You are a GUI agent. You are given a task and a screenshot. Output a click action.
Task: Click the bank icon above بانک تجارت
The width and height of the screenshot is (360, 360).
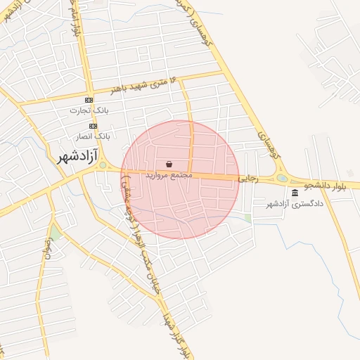click(x=89, y=100)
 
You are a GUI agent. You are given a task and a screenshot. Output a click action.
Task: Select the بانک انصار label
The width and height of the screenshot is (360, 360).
click(x=93, y=135)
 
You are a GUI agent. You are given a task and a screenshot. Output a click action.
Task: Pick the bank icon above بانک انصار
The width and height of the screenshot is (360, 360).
click(x=93, y=125)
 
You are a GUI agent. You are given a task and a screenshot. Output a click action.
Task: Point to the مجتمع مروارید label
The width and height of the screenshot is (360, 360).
click(x=169, y=175)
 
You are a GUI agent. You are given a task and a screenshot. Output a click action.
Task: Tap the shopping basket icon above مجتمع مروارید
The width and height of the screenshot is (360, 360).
click(x=169, y=163)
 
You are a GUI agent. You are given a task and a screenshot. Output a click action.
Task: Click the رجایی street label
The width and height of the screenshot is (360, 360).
click(x=249, y=179)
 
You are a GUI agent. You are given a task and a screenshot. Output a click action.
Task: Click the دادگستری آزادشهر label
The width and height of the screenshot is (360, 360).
click(x=294, y=205)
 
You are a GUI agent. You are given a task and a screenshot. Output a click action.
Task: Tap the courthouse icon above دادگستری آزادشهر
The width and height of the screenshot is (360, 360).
click(x=294, y=193)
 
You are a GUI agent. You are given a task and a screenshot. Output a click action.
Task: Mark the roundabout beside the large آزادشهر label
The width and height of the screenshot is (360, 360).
click(x=103, y=166)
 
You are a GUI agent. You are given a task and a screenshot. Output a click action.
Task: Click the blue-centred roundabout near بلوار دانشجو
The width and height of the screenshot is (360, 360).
click(x=283, y=179)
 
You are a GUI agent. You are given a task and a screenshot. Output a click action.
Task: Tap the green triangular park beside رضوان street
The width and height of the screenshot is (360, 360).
click(x=55, y=232)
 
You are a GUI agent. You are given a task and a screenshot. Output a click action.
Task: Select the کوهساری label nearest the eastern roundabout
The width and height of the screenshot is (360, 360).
click(x=265, y=145)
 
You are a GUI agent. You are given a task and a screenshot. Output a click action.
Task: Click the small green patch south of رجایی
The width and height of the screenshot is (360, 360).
click(x=247, y=219)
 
